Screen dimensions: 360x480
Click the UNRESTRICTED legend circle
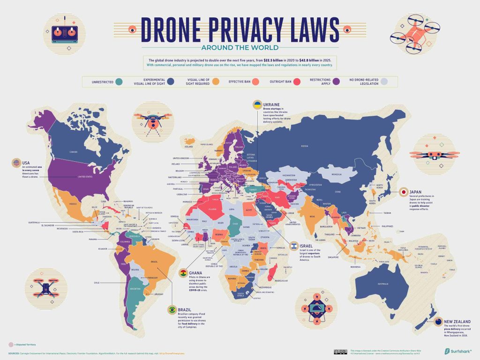point(120,82)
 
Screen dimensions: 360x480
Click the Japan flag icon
point(403,192)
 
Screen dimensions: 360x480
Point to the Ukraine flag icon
point(257,104)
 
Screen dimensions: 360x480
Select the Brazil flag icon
point(172,310)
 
